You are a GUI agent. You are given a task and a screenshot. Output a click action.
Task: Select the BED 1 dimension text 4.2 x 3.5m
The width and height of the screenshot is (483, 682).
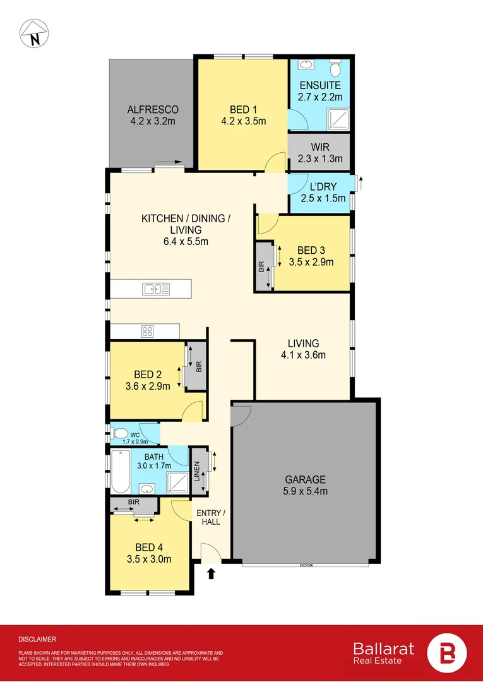click(x=244, y=121)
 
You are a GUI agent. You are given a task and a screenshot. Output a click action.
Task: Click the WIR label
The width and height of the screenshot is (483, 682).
click(x=320, y=147)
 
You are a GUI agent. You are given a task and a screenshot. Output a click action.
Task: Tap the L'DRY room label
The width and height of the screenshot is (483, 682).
click(x=323, y=187)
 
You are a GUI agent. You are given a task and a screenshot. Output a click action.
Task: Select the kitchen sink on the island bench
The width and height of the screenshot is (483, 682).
click(x=156, y=289)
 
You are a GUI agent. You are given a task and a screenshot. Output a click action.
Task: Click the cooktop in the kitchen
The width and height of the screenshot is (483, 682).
click(x=148, y=330)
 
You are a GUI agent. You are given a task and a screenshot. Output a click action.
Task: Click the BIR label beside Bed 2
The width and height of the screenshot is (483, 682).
click(x=198, y=366)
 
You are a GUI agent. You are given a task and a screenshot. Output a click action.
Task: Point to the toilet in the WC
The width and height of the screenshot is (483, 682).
click(x=119, y=434)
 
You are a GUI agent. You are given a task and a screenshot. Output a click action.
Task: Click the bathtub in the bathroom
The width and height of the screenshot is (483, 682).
click(x=120, y=472)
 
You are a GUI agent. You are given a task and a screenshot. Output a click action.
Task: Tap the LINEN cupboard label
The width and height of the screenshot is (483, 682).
click(x=198, y=471)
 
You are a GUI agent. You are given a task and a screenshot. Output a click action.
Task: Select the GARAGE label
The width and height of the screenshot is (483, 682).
click(x=304, y=479)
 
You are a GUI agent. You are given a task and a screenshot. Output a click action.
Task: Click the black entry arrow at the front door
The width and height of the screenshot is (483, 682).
click(x=211, y=573)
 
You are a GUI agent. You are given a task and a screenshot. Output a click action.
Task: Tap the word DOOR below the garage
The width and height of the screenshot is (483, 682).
click(x=306, y=565)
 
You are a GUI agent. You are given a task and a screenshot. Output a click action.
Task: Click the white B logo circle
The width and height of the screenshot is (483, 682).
click(x=447, y=653)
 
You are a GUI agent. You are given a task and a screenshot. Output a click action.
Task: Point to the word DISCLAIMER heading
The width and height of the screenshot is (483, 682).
click(x=37, y=639)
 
